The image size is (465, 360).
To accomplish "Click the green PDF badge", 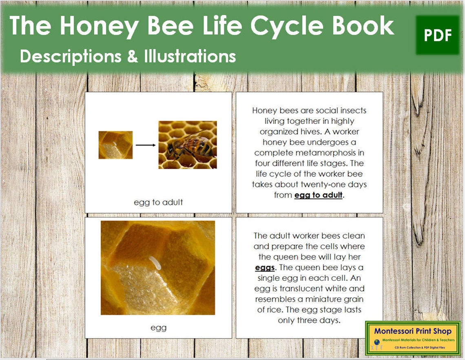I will [x=438, y=35].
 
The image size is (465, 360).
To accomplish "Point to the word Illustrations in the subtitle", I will [x=190, y=56].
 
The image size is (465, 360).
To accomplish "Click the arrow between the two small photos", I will [x=146, y=144].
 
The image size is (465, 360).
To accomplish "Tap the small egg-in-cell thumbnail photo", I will [x=115, y=145].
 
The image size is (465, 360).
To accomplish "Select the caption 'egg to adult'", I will [x=158, y=202].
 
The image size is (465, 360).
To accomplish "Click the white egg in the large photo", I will [x=155, y=263].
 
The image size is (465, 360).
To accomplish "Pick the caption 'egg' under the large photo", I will [x=158, y=327].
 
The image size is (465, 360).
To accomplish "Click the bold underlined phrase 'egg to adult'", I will [x=318, y=195].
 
